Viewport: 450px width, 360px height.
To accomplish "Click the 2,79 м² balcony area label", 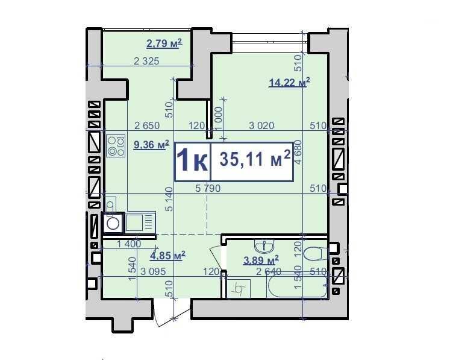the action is click(164, 43).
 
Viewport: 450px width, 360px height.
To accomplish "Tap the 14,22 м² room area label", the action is click(289, 82).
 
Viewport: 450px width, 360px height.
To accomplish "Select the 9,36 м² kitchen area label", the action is click(151, 145).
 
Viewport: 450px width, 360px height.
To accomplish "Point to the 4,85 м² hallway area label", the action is click(167, 255).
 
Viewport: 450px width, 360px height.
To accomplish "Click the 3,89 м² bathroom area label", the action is click(261, 261).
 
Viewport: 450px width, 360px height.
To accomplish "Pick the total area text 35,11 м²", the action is click(255, 159).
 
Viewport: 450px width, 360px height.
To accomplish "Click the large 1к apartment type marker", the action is click(192, 162).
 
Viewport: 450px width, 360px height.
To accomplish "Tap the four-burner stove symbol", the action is click(116, 146).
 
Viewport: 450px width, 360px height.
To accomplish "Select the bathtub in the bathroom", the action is click(296, 286).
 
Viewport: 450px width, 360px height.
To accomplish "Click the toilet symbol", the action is click(315, 253).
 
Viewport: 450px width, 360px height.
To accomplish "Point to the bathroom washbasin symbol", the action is click(264, 247).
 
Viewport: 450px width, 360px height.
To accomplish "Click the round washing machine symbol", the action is click(113, 223).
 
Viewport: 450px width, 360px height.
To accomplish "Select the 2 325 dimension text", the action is click(146, 61).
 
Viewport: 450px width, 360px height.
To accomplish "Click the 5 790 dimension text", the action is click(208, 189).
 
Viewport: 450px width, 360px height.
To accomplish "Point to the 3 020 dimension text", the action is click(261, 125).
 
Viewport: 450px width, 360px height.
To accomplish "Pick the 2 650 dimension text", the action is click(147, 125).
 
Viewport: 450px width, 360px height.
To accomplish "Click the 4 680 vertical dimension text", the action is click(298, 153).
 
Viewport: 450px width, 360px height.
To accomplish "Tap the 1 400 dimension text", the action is click(129, 244).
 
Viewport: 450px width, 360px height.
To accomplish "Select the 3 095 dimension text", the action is click(153, 271).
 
